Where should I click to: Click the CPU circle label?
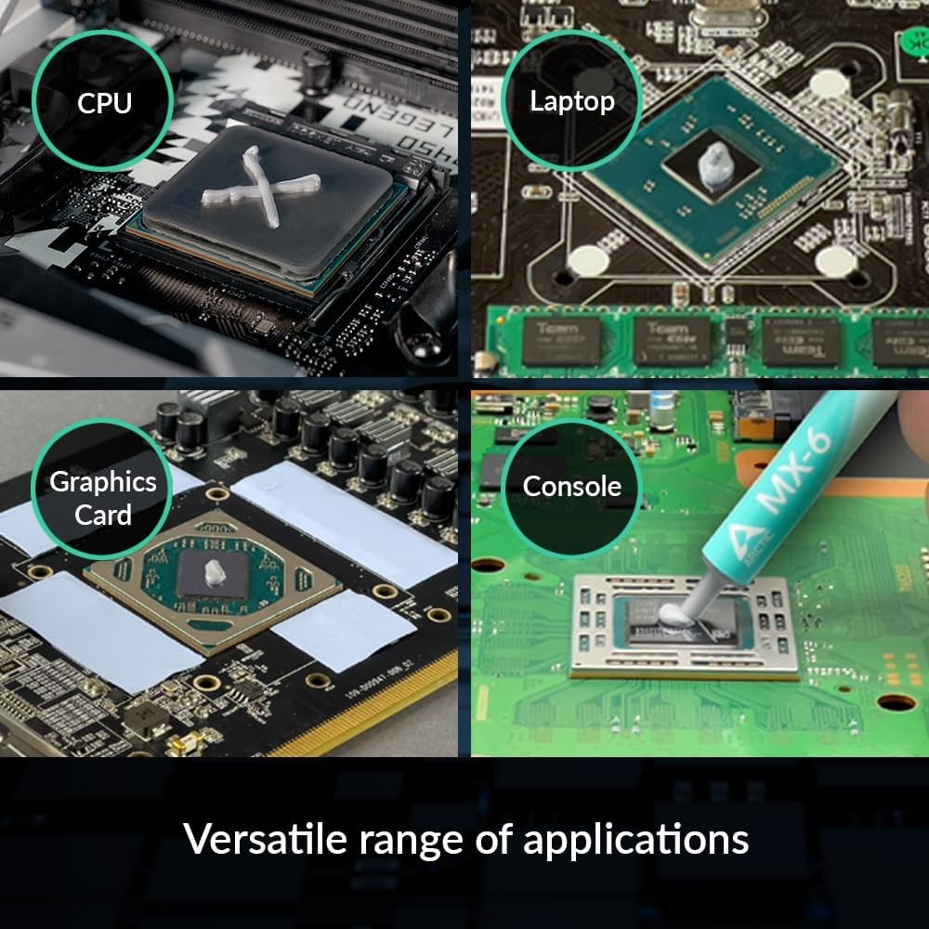coord(105,101)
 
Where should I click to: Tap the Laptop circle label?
coord(572,101)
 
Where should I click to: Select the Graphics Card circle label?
coord(102,498)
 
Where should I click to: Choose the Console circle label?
coord(571,486)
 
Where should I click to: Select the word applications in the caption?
coord(636,841)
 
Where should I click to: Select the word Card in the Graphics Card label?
coord(102,515)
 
